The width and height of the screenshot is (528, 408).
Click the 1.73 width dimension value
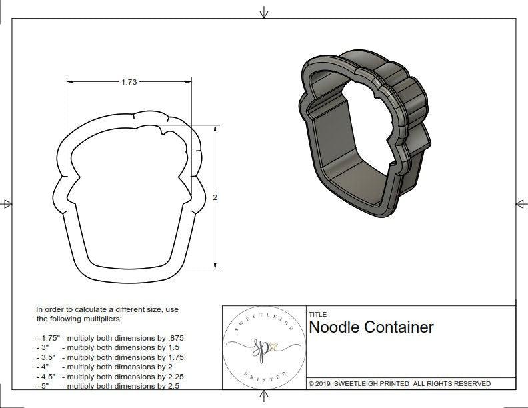click(129, 82)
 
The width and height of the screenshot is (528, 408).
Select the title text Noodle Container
click(371, 327)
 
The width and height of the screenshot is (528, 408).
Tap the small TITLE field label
click(317, 314)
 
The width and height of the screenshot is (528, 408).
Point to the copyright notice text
click(399, 383)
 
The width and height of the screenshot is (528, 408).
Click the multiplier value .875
click(175, 339)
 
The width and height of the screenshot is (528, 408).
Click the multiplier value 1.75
click(175, 357)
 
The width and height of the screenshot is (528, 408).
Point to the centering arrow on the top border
click(264, 12)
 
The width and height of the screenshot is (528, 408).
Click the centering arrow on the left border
click(7, 204)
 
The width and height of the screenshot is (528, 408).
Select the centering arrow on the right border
click(521, 204)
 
